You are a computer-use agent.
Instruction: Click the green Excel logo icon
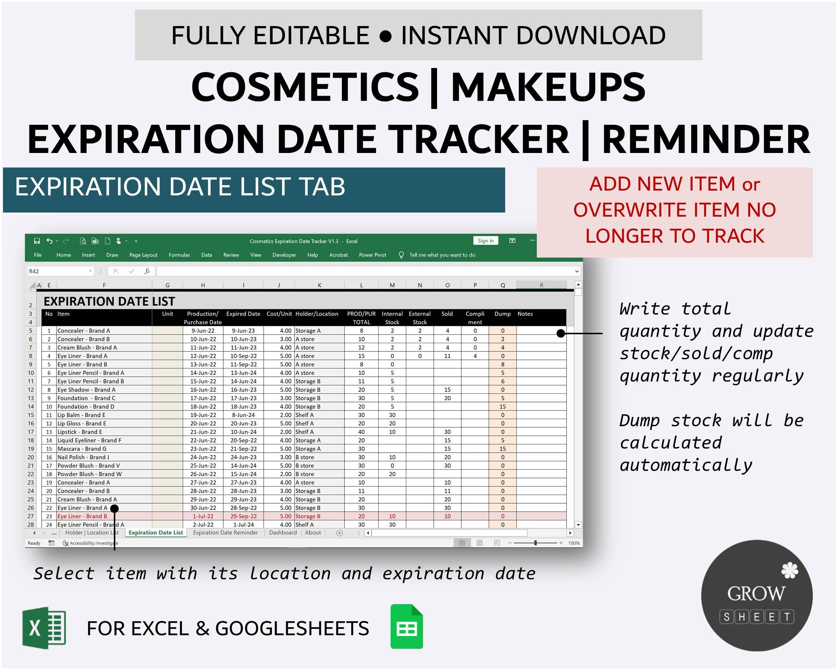pyautogui.click(x=44, y=628)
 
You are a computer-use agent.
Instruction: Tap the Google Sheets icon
pyautogui.click(x=407, y=626)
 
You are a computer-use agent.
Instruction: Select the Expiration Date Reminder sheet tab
pyautogui.click(x=225, y=533)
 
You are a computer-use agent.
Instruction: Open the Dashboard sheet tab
pyautogui.click(x=283, y=533)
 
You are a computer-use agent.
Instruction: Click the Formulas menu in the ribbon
pyautogui.click(x=179, y=255)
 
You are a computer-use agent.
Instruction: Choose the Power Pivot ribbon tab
pyautogui.click(x=372, y=255)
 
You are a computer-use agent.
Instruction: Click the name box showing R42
pyautogui.click(x=58, y=271)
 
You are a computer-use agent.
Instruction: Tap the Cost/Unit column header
pyautogui.click(x=279, y=314)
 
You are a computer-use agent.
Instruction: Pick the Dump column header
pyautogui.click(x=502, y=314)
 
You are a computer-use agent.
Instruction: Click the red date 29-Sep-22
pyautogui.click(x=243, y=516)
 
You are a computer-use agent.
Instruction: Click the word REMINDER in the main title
pyautogui.click(x=706, y=139)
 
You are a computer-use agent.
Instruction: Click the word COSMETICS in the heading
pyautogui.click(x=305, y=87)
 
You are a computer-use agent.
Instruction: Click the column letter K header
pyautogui.click(x=320, y=285)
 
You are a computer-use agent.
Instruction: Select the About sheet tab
pyautogui.click(x=313, y=533)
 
